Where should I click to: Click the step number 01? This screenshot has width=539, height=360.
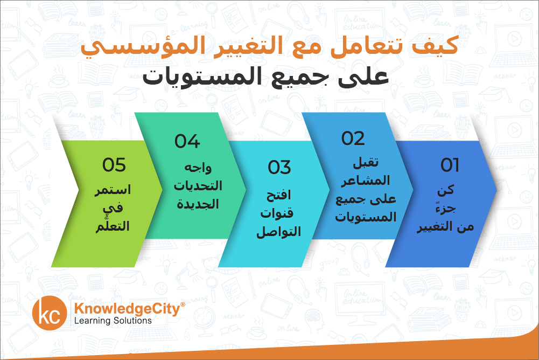click(450, 165)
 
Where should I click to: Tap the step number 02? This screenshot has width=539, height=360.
click(353, 139)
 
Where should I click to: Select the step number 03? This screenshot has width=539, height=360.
click(279, 168)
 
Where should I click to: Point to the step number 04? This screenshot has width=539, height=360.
click(187, 141)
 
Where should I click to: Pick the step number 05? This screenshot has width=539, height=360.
click(114, 165)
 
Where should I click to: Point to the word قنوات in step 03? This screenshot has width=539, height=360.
click(277, 213)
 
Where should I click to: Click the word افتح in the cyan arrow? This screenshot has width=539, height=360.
click(278, 195)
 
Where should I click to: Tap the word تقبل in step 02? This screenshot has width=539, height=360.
click(366, 162)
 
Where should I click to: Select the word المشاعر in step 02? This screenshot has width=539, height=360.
click(366, 181)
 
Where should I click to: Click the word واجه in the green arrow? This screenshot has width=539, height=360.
click(198, 168)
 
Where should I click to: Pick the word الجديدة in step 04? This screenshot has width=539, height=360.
click(198, 204)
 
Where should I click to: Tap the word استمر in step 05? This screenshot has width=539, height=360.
click(113, 190)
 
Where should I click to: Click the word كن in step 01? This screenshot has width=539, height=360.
click(445, 190)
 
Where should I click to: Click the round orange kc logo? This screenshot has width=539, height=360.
click(50, 313)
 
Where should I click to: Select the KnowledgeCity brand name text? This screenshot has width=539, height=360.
click(130, 308)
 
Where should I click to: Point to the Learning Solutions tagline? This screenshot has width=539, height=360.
click(113, 321)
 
